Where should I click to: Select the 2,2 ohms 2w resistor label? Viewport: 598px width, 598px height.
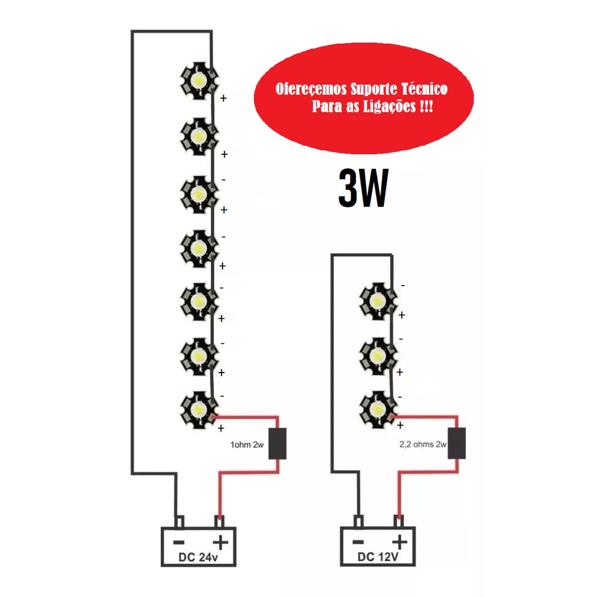(x=415, y=444)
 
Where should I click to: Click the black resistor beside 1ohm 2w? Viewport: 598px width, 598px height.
(x=277, y=444)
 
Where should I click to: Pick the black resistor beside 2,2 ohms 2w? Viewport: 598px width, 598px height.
(x=457, y=443)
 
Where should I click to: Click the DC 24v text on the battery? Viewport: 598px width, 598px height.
(x=199, y=557)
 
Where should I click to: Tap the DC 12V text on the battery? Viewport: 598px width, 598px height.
(x=378, y=557)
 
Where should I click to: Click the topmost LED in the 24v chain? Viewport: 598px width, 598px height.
(x=199, y=81)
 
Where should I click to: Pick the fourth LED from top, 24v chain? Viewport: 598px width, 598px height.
(x=199, y=248)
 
